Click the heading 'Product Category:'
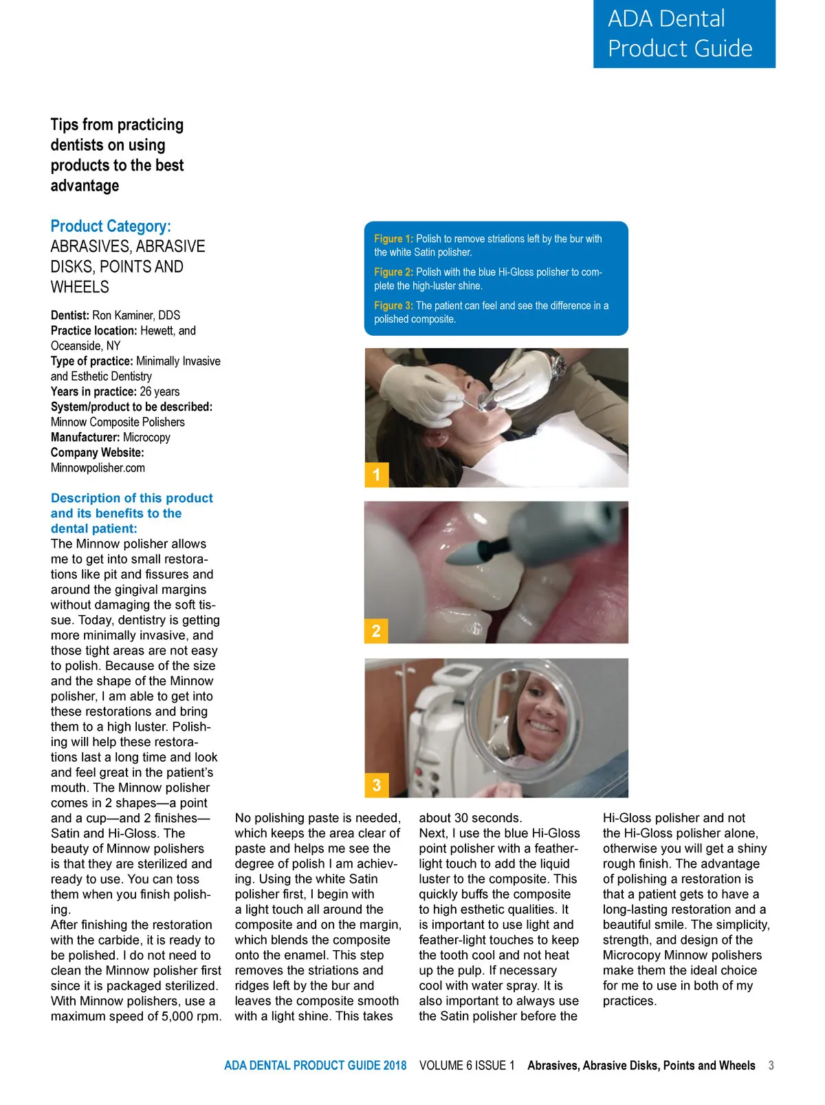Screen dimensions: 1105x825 (x=111, y=226)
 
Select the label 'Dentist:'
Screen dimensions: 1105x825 (x=69, y=316)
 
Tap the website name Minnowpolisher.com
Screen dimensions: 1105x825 (x=98, y=468)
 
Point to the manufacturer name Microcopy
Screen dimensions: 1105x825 (x=146, y=438)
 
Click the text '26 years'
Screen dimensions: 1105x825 (x=159, y=391)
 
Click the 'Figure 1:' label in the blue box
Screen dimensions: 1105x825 (x=393, y=239)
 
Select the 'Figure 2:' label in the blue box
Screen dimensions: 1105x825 (x=393, y=272)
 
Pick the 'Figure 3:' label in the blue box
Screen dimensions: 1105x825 (x=393, y=305)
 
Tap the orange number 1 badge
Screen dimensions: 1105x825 (x=376, y=475)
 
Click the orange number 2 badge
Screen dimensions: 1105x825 (x=376, y=631)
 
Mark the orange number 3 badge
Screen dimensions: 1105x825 (x=376, y=786)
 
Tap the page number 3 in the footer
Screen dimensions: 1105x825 (x=771, y=1066)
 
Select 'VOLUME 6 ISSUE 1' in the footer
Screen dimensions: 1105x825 (x=467, y=1066)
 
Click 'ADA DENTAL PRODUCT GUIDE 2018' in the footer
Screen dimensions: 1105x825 (x=315, y=1066)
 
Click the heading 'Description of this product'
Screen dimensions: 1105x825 (x=131, y=498)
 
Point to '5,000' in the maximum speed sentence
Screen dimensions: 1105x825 (x=178, y=1016)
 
